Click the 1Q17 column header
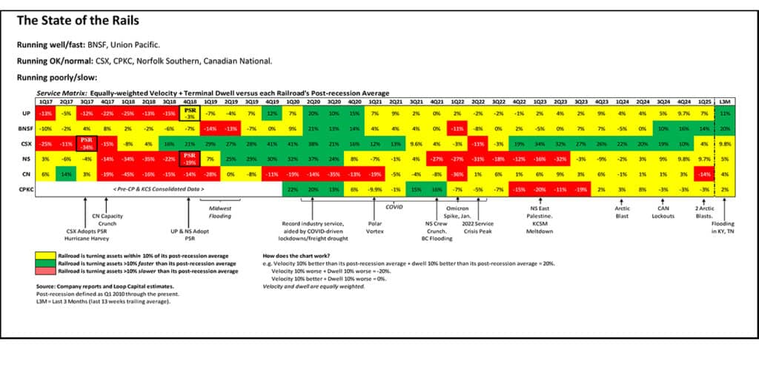[46, 101]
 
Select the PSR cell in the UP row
[190, 113]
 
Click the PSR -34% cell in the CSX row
[87, 142]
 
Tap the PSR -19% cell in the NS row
[190, 158]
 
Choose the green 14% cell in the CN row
[66, 173]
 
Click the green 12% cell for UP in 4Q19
[272, 113]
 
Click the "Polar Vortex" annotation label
[376, 226]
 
